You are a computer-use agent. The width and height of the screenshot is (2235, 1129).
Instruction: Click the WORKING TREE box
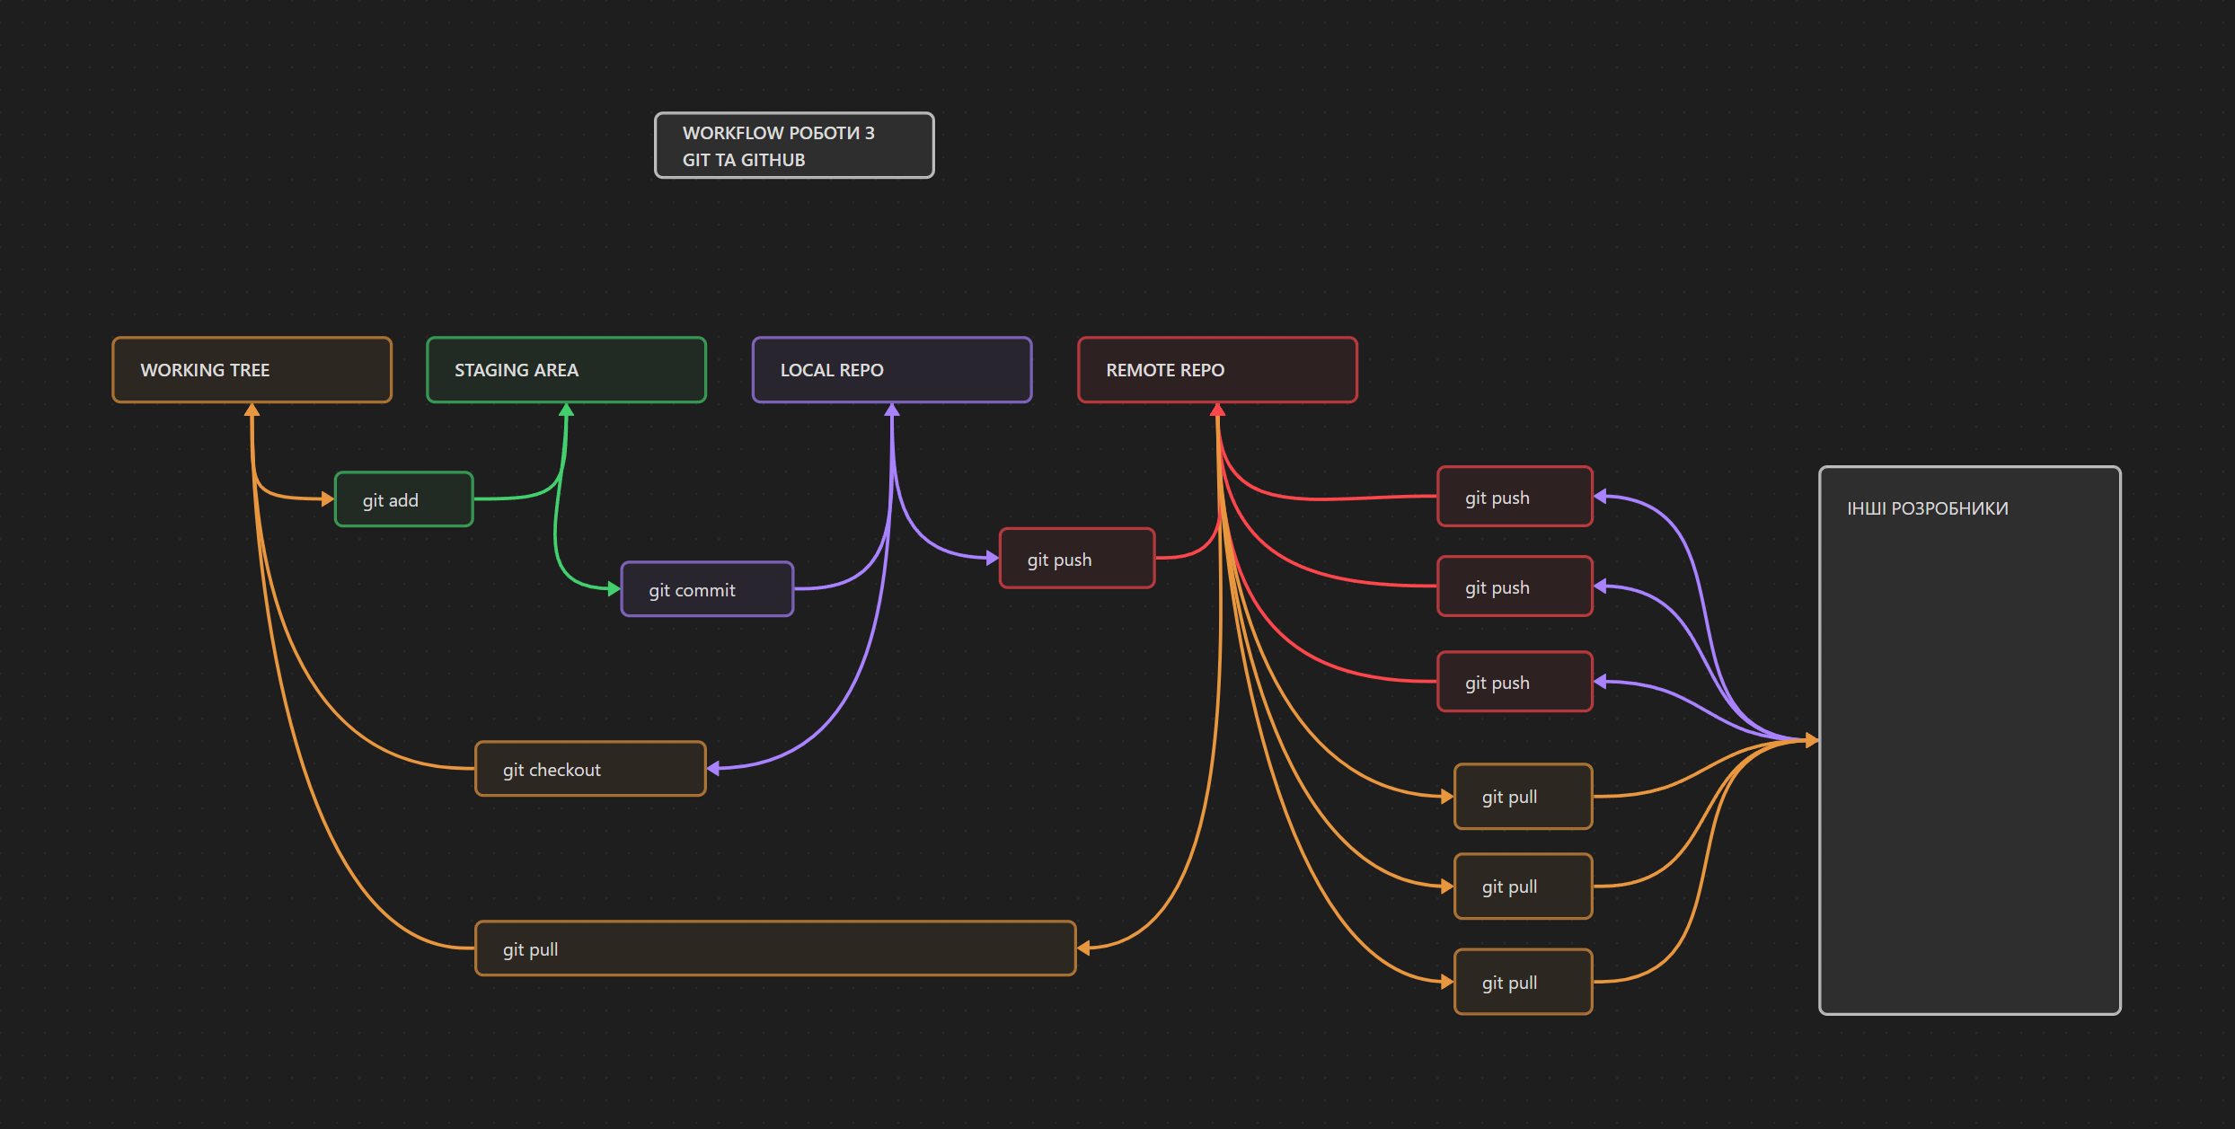click(x=252, y=370)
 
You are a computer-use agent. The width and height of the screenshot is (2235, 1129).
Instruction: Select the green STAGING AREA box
click(x=566, y=370)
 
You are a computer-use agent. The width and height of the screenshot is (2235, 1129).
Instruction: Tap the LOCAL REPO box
click(x=891, y=370)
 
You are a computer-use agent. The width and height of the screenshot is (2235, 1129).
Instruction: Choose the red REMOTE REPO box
click(x=1217, y=370)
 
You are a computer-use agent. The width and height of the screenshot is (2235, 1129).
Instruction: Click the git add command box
click(x=403, y=499)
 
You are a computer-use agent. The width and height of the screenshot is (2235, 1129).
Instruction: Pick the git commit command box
click(x=707, y=589)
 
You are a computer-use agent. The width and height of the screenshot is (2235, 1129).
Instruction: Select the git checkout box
click(x=590, y=769)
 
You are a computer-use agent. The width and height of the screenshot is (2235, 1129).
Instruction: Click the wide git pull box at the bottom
click(x=774, y=948)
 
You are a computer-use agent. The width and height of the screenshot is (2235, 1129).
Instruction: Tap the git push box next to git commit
click(x=1076, y=559)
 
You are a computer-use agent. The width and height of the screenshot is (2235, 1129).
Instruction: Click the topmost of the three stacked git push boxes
click(x=1515, y=497)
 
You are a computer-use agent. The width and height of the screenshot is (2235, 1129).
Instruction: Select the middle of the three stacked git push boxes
click(x=1515, y=587)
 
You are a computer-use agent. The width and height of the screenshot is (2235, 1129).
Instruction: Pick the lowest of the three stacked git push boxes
click(x=1515, y=682)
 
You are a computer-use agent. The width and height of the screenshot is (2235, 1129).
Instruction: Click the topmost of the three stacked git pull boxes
click(x=1523, y=797)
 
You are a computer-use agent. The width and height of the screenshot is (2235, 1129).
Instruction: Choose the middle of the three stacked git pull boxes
click(x=1523, y=886)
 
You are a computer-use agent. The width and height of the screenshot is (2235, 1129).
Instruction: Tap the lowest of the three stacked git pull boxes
click(x=1523, y=982)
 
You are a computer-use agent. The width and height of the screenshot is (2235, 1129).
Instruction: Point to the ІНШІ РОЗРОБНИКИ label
click(x=1927, y=508)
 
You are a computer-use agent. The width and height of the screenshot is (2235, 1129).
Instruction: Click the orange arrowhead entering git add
click(x=328, y=498)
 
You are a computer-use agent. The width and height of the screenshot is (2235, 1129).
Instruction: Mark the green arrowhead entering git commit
click(x=614, y=589)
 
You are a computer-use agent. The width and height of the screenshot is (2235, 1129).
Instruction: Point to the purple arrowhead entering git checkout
click(x=713, y=768)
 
